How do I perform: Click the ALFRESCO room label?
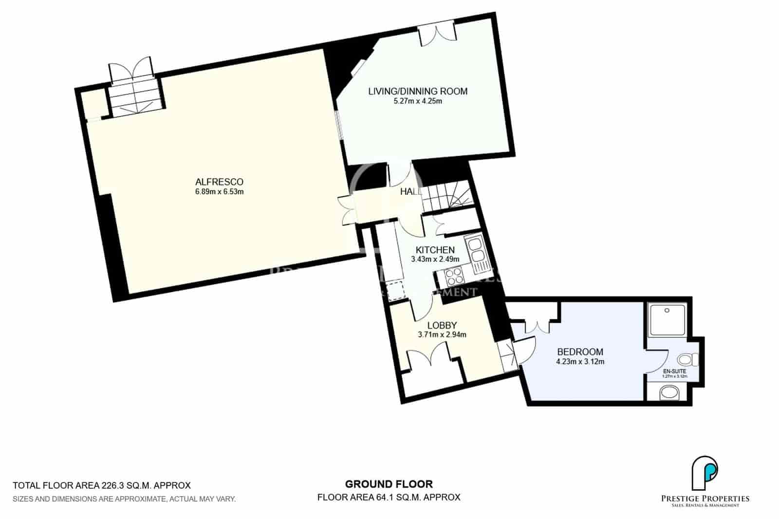(219, 182)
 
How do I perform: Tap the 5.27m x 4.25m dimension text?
(418, 102)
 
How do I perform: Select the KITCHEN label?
(435, 250)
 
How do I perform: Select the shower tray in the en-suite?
(667, 319)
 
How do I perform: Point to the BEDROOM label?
(580, 352)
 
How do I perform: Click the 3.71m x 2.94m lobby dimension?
(442, 334)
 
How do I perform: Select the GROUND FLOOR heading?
(389, 484)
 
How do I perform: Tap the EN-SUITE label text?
(674, 371)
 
